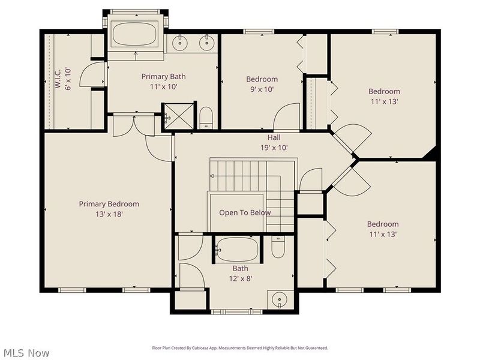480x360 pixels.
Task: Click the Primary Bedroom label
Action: pyautogui.click(x=109, y=204)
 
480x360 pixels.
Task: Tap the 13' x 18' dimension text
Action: pyautogui.click(x=109, y=214)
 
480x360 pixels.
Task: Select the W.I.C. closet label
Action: pyautogui.click(x=58, y=79)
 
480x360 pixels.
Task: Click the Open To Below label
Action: pyautogui.click(x=245, y=212)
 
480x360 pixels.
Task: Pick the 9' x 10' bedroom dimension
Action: pyautogui.click(x=262, y=89)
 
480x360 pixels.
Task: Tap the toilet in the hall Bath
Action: pyautogui.click(x=277, y=247)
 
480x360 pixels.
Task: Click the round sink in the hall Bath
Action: pyautogui.click(x=278, y=298)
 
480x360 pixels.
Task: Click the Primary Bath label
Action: pyautogui.click(x=163, y=76)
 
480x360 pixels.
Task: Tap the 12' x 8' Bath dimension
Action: pyautogui.click(x=240, y=278)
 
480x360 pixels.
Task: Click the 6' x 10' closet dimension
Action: pyautogui.click(x=67, y=79)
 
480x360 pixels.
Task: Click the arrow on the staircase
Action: pyautogui.click(x=213, y=176)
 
